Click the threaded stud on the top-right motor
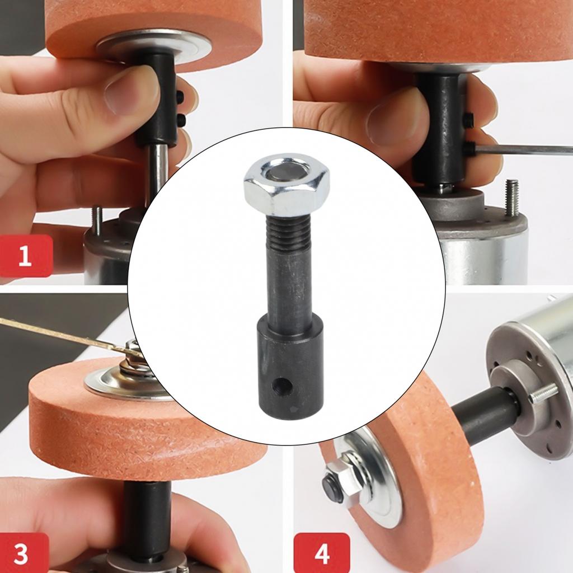coord(511,197)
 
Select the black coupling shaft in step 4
coord(481,417)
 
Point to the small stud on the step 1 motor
coord(96,220)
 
